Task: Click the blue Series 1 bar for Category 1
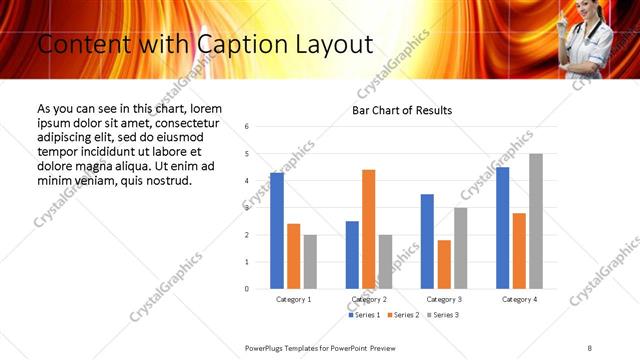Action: point(277,231)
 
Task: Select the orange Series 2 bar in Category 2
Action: point(368,229)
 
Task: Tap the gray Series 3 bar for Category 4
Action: point(536,221)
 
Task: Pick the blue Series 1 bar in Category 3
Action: point(427,241)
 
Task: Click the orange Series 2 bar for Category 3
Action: point(444,264)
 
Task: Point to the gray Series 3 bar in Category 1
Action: point(310,262)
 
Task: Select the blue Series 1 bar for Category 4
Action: point(502,228)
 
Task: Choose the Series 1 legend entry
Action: point(363,315)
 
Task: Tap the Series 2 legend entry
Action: point(402,315)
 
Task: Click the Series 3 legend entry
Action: point(442,315)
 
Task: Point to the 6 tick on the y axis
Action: point(246,127)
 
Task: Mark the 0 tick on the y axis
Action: point(246,289)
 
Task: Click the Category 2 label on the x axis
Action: point(369,299)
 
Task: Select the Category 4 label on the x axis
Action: point(519,299)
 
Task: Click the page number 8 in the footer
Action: point(589,347)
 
